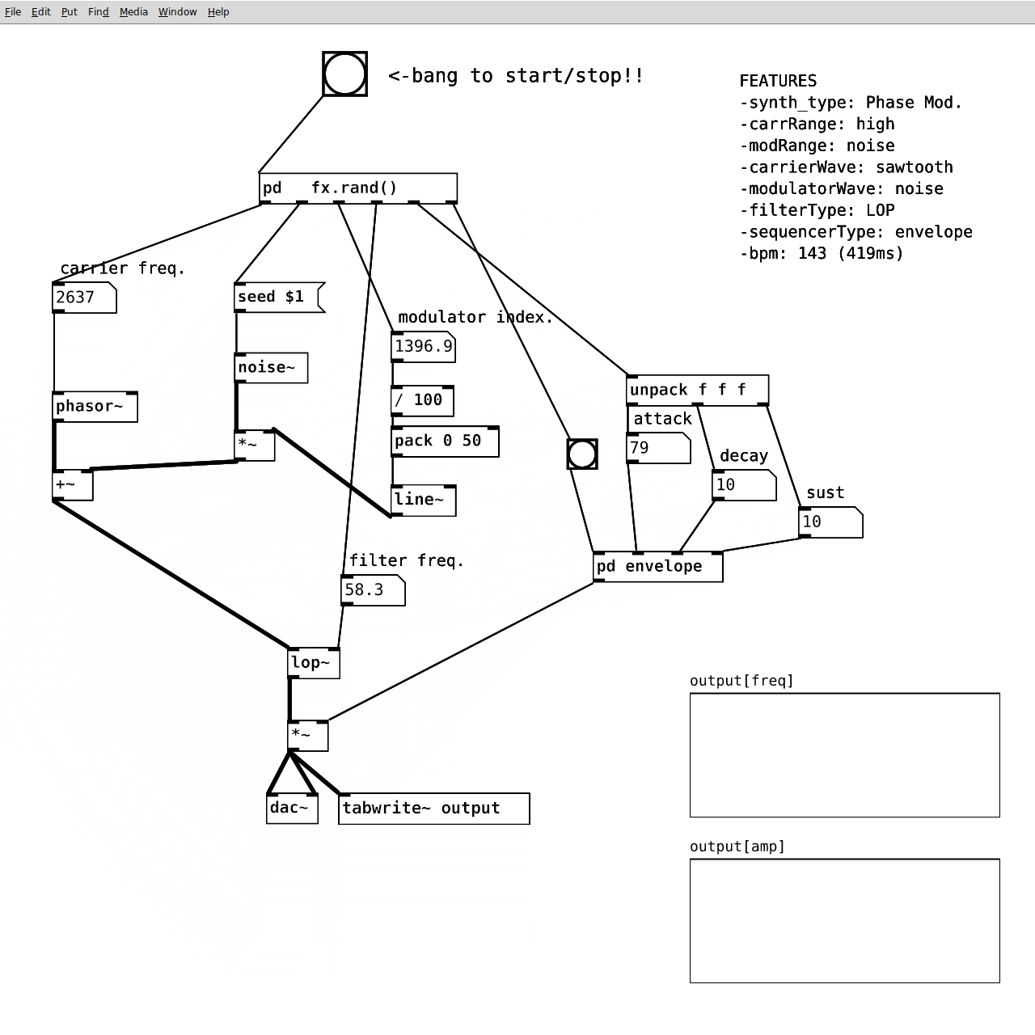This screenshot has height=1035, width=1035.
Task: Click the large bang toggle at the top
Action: click(344, 74)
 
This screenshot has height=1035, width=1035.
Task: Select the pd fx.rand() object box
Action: click(357, 188)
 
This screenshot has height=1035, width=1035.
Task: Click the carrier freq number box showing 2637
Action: click(84, 298)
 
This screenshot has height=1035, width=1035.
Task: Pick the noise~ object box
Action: click(271, 368)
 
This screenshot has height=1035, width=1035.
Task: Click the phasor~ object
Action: click(95, 407)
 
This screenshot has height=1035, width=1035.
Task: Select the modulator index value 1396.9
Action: click(423, 347)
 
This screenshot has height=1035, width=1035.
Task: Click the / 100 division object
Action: click(422, 400)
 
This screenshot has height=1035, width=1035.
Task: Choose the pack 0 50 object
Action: click(444, 441)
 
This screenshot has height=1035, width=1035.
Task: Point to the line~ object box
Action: click(423, 500)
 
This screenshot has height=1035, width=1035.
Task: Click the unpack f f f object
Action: click(697, 391)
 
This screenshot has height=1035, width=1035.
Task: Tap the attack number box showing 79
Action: click(658, 448)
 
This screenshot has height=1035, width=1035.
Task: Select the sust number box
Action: click(830, 522)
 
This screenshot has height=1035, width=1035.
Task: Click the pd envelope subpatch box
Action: click(657, 567)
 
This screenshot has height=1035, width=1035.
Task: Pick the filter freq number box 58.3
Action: click(372, 590)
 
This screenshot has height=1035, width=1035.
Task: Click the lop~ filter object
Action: click(314, 663)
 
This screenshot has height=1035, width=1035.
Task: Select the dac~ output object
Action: click(291, 809)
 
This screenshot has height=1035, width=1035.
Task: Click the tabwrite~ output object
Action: click(433, 809)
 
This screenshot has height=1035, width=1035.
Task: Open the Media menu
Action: click(133, 12)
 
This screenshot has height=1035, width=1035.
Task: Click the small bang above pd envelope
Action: click(582, 454)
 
